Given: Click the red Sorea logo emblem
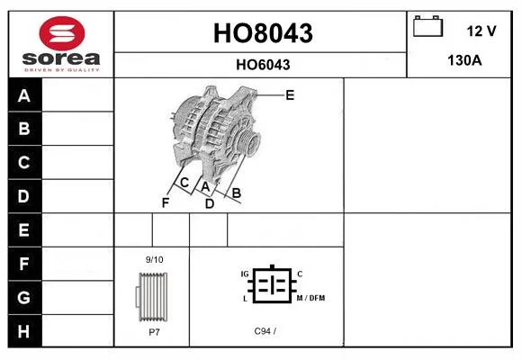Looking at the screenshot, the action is tap(62, 33).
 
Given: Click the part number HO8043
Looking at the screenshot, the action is tap(263, 33).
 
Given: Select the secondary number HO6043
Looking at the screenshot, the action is tap(263, 65).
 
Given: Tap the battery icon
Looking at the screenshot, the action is tap(427, 26).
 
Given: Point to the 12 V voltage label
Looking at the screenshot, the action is tap(481, 31).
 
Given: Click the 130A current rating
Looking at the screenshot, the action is tap(464, 60).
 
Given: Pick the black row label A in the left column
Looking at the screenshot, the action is tap(24, 95).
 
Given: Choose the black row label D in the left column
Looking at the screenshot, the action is tap(24, 196).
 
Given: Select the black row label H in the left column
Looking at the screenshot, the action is tap(24, 331).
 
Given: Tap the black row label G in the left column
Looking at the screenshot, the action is tap(24, 297).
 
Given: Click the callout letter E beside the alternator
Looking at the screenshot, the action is tap(290, 95).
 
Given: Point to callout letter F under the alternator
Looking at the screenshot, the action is tap(166, 202).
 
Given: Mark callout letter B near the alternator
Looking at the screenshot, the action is tap(237, 193).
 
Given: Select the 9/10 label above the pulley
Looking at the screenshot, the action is tap(155, 259).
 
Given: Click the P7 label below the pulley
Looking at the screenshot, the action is tap(155, 332).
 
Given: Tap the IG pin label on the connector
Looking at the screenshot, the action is tap(245, 274).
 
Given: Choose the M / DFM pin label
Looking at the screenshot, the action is tap(310, 298).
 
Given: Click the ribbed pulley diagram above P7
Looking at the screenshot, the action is tap(152, 297).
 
